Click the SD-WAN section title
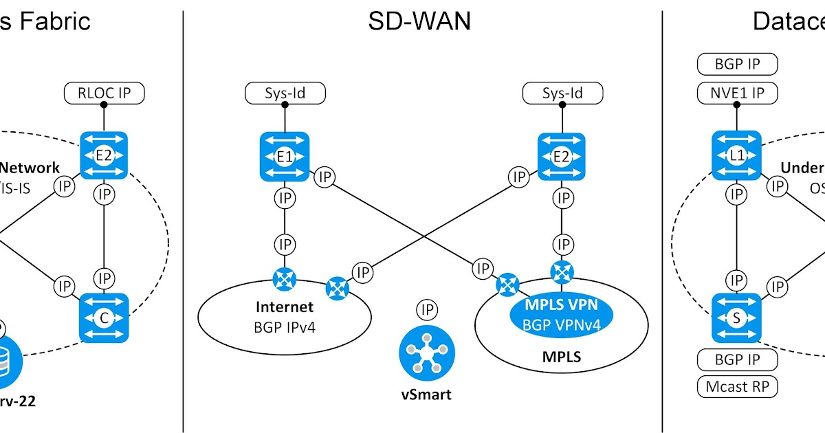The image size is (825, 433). (x=419, y=21)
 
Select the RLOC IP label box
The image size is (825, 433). (x=104, y=93)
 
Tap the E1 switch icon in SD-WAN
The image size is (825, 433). (x=285, y=157)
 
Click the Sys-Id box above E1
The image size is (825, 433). (x=285, y=93)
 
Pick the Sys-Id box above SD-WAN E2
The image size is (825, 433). (x=563, y=93)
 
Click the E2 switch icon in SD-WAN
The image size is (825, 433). (x=562, y=157)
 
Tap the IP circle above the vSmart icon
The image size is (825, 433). (x=427, y=310)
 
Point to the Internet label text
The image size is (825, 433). (x=285, y=307)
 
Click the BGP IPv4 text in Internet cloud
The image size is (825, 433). (x=285, y=326)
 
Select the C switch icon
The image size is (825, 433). (x=104, y=318)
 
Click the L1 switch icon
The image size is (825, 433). (x=737, y=156)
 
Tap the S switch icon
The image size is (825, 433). (x=737, y=318)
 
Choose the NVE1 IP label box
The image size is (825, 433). (x=737, y=93)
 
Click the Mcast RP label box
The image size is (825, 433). (x=737, y=386)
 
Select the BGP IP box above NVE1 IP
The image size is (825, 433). (x=737, y=65)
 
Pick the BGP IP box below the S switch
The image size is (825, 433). (x=737, y=359)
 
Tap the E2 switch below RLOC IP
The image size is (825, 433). (x=104, y=156)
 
